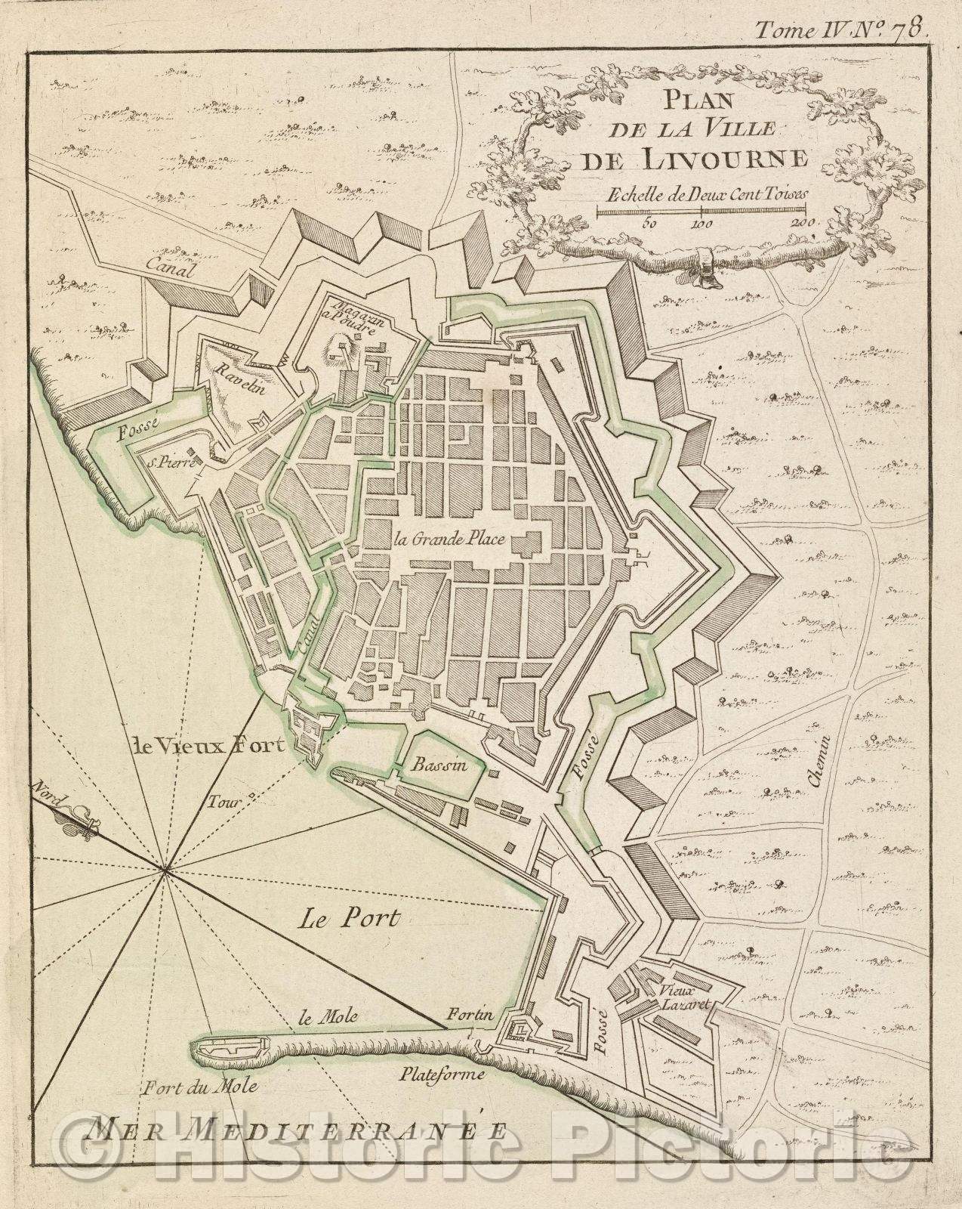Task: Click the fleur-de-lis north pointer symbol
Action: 79,821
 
